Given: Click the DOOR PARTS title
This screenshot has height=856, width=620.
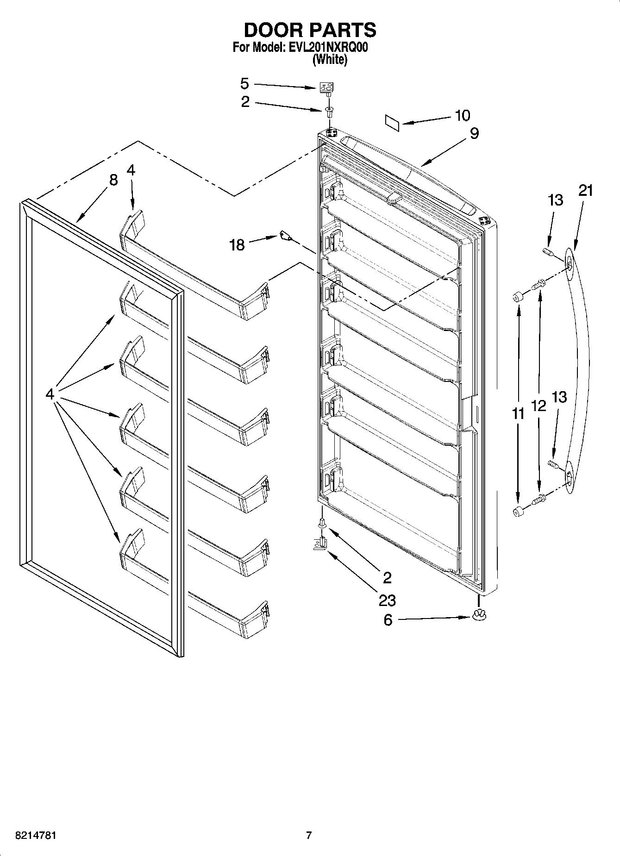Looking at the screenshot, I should tap(310, 30).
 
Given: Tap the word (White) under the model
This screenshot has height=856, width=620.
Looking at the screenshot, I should tap(330, 59).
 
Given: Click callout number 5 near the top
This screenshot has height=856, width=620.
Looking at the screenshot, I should tap(244, 84).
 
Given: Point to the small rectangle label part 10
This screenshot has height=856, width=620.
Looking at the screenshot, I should tap(392, 122).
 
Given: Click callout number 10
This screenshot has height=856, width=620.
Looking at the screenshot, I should tap(463, 115).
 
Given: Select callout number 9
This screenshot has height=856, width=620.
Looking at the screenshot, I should tap(474, 133).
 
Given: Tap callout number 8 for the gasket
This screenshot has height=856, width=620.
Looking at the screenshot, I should tap(113, 180).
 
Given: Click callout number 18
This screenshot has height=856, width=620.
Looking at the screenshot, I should tap(237, 244).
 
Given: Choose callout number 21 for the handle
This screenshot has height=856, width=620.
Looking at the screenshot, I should tap(585, 190).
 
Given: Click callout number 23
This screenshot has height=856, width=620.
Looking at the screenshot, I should tap(387, 600).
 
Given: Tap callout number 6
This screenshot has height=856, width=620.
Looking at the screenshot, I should tap(388, 619).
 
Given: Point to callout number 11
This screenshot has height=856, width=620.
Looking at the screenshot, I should tap(519, 413).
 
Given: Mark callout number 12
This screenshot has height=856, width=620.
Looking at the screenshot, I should tap(539, 406).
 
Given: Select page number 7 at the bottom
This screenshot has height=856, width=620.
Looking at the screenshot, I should tap(309, 836).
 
